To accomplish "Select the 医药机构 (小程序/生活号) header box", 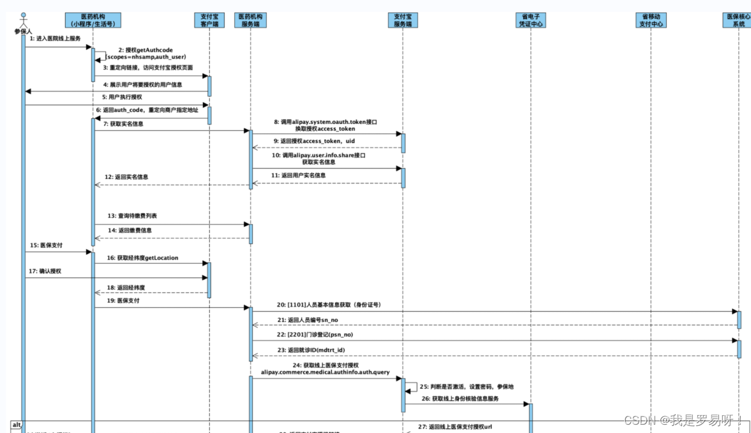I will [93, 20].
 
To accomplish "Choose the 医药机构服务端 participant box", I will [251, 20].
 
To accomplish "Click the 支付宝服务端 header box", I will [402, 20].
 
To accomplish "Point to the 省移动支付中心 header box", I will [651, 20].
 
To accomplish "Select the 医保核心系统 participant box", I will [739, 20].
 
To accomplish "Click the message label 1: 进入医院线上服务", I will [55, 39].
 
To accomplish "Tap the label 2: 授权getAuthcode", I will [145, 50].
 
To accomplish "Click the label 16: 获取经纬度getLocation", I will [143, 258].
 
